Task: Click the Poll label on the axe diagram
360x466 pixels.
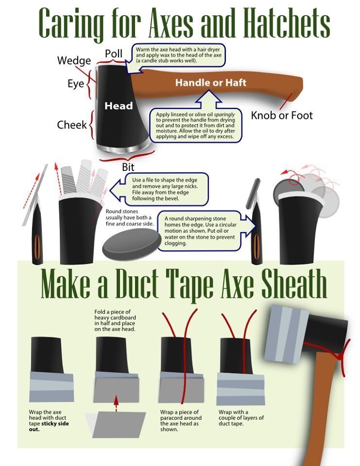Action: click(x=114, y=54)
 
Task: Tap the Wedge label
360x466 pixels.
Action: click(x=74, y=61)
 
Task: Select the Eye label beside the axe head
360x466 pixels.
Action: click(x=76, y=83)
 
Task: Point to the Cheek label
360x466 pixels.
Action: click(x=72, y=125)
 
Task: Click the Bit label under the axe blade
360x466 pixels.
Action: click(x=128, y=167)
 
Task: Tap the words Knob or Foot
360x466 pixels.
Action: click(x=282, y=116)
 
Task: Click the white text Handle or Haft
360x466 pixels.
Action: click(x=211, y=83)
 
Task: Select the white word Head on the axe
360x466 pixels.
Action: click(x=119, y=106)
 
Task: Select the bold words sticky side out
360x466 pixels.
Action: click(x=49, y=426)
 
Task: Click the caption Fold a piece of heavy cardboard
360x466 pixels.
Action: click(x=115, y=320)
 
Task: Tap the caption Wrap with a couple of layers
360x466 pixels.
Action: click(x=241, y=417)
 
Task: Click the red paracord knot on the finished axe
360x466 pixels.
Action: click(x=339, y=355)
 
